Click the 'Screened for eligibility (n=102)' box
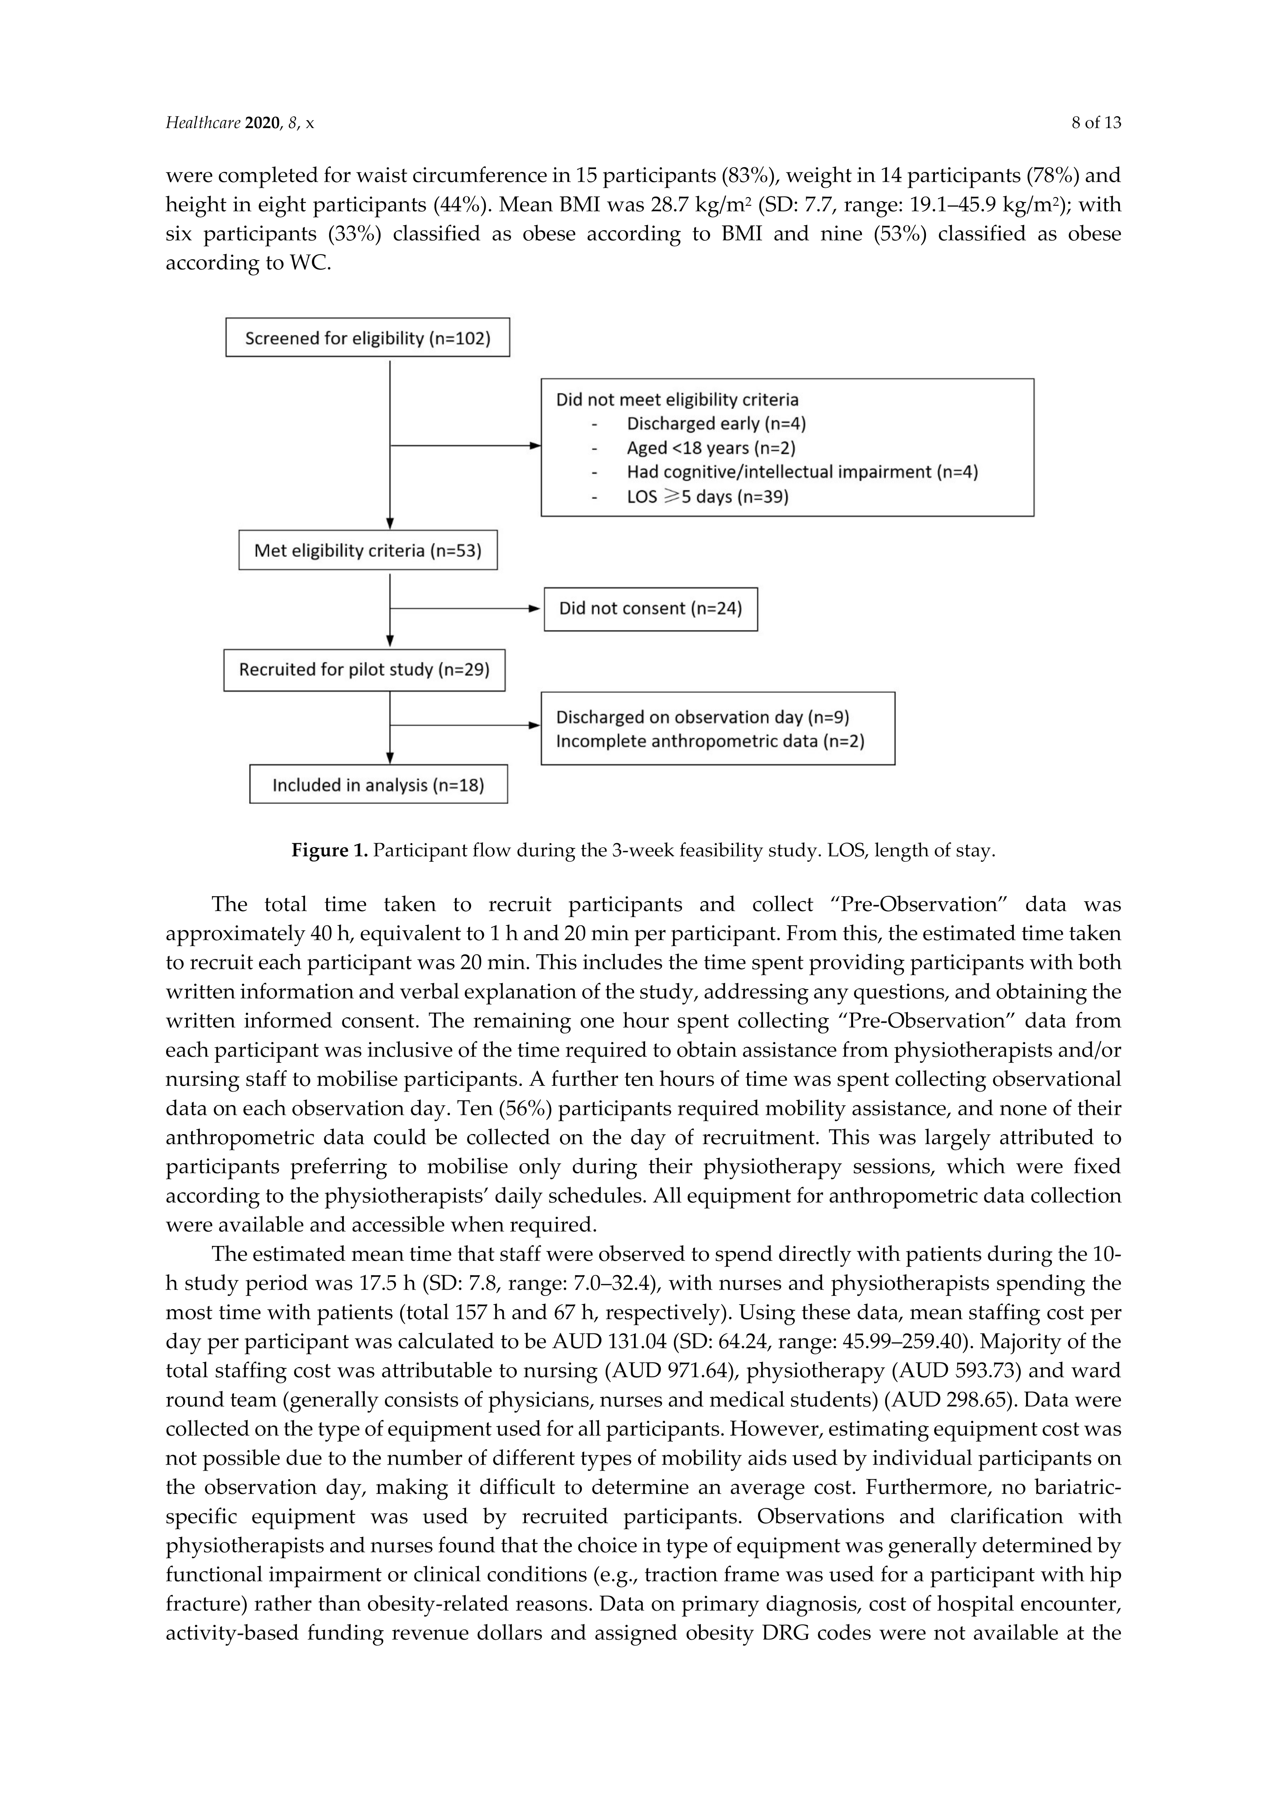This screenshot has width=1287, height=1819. pos(368,338)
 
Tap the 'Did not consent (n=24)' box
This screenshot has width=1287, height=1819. pos(650,608)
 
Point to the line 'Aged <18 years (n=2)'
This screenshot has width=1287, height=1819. pos(711,448)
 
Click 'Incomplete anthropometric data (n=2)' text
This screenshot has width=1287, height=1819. pos(710,741)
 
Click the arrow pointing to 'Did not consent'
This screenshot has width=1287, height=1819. pos(535,608)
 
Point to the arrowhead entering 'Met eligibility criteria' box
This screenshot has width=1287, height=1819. pos(390,524)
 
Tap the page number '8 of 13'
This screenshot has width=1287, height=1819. pos(1096,123)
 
